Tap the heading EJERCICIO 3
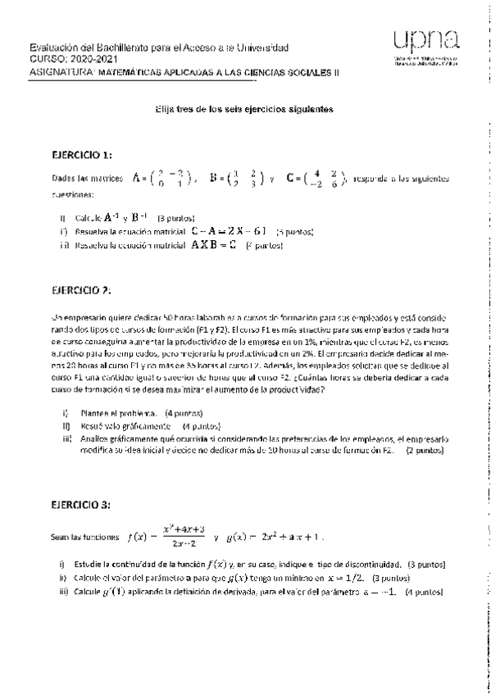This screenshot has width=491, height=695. (x=80, y=504)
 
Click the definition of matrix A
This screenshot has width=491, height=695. (x=160, y=178)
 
